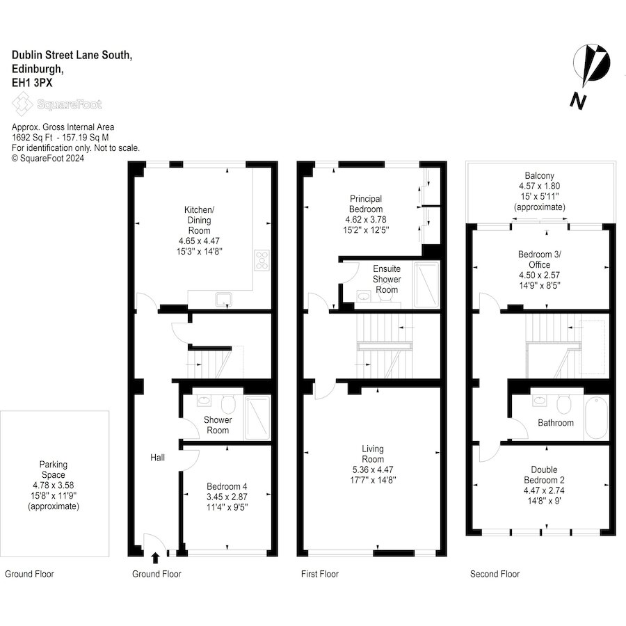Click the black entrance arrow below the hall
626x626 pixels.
pos(156,558)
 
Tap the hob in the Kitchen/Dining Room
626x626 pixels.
pos(262,260)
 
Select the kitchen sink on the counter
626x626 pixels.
pos(223,299)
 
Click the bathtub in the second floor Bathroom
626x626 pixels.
pos(597,417)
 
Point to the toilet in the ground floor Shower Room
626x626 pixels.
pos(228,404)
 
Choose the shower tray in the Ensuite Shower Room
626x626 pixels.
pos(426,284)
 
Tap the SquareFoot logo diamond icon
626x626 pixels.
pos(22,104)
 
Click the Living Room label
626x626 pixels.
pos(373,454)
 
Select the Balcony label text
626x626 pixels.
pos(539,176)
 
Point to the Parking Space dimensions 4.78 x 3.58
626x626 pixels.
pos(53,485)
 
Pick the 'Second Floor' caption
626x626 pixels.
pos(495,574)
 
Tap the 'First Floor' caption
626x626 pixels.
pos(320,574)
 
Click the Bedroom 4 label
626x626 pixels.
pos(227,486)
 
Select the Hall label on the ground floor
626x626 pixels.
pos(157,458)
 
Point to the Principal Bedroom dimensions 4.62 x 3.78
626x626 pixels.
pos(366,220)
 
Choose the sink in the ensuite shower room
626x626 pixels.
pos(363,296)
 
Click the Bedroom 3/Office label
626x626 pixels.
pos(539,259)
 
